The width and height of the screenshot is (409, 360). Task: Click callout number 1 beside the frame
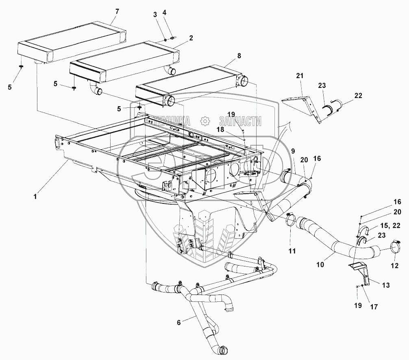35,196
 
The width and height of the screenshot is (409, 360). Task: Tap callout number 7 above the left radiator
117,11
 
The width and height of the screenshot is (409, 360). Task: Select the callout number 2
191,38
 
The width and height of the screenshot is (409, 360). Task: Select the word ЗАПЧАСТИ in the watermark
240,121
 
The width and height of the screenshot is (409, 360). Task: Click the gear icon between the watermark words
205,121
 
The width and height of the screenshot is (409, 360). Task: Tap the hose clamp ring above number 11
290,220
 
